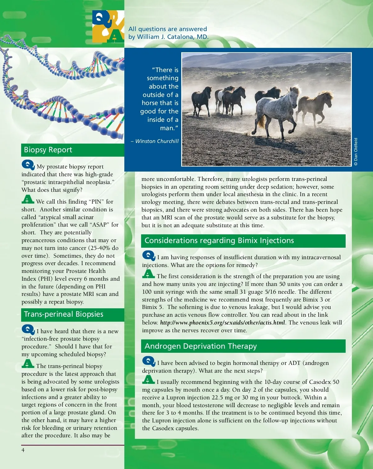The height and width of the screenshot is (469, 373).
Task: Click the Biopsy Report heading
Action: click(48, 150)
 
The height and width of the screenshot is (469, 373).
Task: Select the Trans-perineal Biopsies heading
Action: click(63, 314)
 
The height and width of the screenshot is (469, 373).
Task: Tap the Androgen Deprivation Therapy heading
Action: click(200, 346)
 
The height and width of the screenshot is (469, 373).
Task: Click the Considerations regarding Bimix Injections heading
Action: click(219, 241)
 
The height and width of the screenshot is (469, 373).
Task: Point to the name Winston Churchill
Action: click(157, 141)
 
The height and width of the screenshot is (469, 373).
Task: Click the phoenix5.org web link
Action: click(223, 323)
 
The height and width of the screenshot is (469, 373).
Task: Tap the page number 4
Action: click(23, 450)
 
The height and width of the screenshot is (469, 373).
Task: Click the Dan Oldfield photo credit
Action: click(356, 152)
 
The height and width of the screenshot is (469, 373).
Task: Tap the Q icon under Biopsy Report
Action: click(28, 165)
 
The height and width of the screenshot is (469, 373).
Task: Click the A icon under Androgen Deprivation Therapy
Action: click(148, 379)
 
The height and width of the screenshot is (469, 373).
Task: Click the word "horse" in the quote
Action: click(150, 103)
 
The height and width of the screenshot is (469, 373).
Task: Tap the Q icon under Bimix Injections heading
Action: click(149, 255)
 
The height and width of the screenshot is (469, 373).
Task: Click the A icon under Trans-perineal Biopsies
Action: click(28, 364)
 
